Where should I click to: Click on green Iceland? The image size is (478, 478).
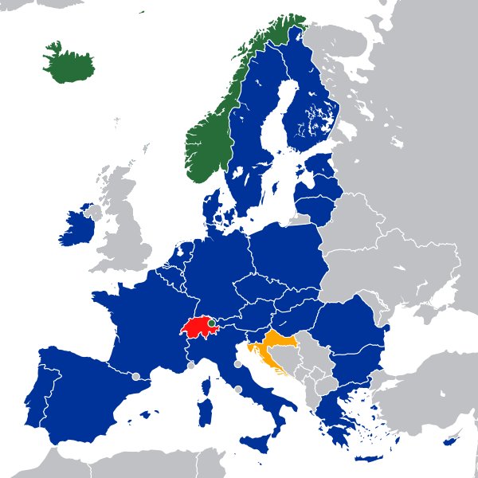click(x=69, y=64)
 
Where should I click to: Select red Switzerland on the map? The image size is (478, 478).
click(x=198, y=327)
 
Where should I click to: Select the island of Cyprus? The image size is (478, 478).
click(x=451, y=441)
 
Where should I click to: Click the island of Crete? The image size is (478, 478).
click(x=369, y=459)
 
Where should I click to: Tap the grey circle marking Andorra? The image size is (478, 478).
click(x=135, y=375)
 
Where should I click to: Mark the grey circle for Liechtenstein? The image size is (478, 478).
click(x=212, y=323)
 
